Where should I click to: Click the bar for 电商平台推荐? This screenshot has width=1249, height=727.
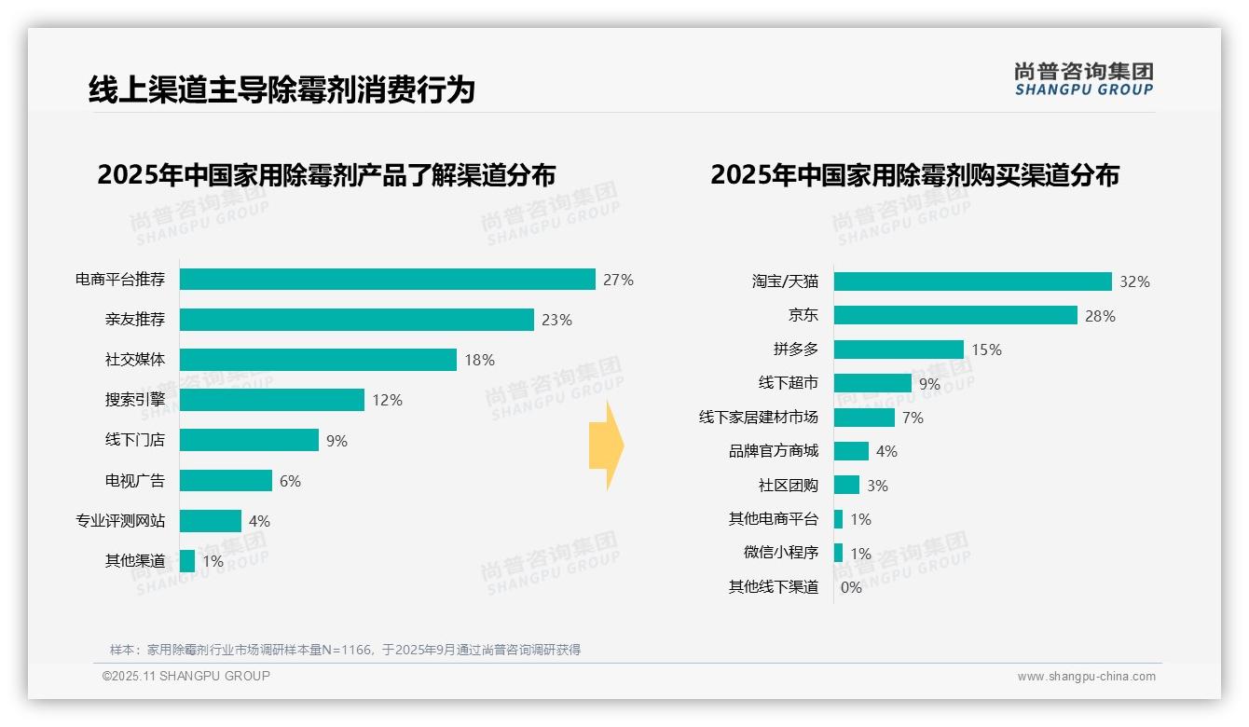pyautogui.click(x=387, y=280)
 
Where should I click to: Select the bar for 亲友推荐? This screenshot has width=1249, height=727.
pyautogui.click(x=356, y=320)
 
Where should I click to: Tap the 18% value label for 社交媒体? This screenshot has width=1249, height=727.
pyautogui.click(x=479, y=360)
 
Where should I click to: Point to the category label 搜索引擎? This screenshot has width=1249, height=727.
pyautogui.click(x=134, y=400)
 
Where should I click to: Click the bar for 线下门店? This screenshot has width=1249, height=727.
pyautogui.click(x=249, y=440)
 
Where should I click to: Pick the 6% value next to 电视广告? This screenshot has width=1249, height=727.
pyautogui.click(x=290, y=481)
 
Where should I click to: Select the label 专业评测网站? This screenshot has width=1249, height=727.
pyautogui.click(x=120, y=521)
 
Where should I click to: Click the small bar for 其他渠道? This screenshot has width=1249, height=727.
pyautogui.click(x=187, y=561)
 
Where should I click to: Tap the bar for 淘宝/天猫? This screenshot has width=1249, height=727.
pyautogui.click(x=972, y=281)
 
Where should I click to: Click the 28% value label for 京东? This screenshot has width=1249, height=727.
pyautogui.click(x=1100, y=316)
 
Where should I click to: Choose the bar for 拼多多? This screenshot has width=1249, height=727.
pyautogui.click(x=899, y=350)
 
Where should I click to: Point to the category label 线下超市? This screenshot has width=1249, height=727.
pyautogui.click(x=788, y=383)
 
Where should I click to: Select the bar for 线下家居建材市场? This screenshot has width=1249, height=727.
pyautogui.click(x=864, y=418)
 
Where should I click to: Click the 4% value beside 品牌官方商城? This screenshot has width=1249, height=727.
pyautogui.click(x=886, y=451)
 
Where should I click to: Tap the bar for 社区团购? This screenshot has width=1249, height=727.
pyautogui.click(x=846, y=485)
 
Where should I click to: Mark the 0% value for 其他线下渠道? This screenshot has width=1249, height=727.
pyautogui.click(x=851, y=587)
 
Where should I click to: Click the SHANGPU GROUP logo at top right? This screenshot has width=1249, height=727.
pyautogui.click(x=1083, y=79)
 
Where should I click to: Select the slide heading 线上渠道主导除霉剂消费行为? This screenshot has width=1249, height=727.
pyautogui.click(x=281, y=89)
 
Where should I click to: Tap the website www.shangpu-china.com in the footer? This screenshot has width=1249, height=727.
pyautogui.click(x=1086, y=677)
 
